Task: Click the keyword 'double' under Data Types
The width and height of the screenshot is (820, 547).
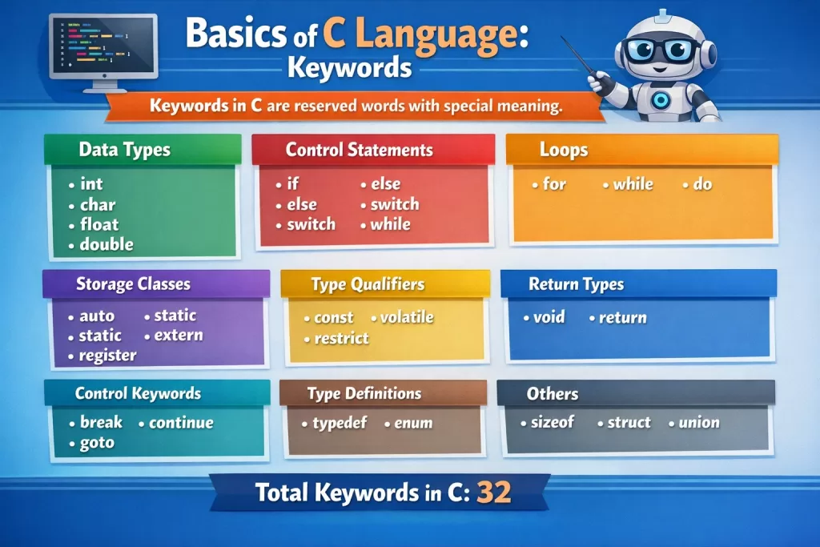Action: pos(107,244)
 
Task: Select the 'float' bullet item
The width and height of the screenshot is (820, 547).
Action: pos(99,224)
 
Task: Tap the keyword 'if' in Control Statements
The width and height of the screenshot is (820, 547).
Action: pos(293,183)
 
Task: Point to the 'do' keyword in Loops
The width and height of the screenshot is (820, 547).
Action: pos(702,184)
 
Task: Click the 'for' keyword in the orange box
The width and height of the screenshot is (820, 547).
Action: pos(554,184)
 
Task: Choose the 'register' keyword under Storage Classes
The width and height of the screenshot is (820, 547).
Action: pos(108,356)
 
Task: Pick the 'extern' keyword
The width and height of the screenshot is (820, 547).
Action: pos(179,336)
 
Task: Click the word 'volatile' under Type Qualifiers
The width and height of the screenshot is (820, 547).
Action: pos(407,317)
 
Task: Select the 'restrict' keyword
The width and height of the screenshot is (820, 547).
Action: pos(341,338)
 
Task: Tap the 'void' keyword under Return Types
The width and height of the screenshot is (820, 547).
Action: pos(549,317)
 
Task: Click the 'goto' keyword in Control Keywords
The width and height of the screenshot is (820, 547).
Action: pos(97,443)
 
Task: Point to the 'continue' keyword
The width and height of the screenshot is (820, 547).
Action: pos(181,423)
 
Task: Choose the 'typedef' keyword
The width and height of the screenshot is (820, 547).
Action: pos(340,423)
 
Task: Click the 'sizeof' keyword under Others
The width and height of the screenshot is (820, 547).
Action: pos(553,422)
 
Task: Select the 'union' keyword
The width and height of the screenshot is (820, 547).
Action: pos(699,423)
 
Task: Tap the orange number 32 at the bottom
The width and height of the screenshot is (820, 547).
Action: pos(494,492)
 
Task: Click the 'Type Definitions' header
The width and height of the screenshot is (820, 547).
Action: pos(364,393)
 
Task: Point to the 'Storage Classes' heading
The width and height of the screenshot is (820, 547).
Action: pos(134,284)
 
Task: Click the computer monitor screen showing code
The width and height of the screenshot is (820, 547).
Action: pos(103,46)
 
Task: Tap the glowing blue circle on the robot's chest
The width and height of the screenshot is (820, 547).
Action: pos(661,100)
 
